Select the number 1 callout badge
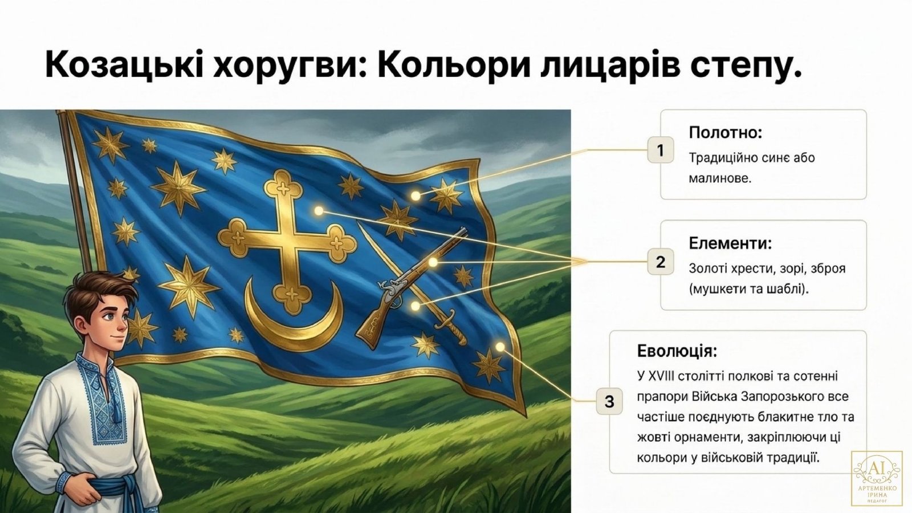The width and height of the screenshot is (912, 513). pos(661,150)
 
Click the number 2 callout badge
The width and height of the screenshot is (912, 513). pos(661,262)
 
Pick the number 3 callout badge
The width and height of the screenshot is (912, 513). pos(609,401)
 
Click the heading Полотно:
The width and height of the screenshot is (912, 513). pos(725,132)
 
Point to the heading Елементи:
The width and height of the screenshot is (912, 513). pos(730,243)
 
